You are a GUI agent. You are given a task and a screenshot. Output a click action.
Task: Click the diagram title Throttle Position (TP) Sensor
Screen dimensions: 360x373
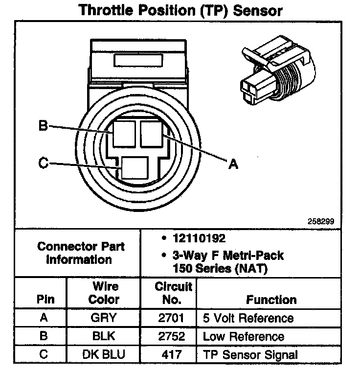pos(180,11)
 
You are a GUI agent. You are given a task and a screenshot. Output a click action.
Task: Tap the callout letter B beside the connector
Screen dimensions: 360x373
pos(43,125)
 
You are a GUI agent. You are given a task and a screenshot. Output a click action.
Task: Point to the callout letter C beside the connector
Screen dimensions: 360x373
pos(43,163)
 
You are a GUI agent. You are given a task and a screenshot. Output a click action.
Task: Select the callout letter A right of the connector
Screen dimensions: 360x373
pos(233,164)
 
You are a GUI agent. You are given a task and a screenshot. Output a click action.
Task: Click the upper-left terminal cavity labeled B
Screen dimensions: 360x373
pos(124,134)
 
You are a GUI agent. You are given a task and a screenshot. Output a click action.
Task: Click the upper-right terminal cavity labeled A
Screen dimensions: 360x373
pos(152,134)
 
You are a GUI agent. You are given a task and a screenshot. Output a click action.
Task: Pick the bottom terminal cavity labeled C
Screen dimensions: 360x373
pos(135,167)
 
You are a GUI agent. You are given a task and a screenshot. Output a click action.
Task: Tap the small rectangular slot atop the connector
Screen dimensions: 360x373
pos(138,60)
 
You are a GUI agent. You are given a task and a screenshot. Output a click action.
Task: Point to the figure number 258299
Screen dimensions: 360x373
pos(321,221)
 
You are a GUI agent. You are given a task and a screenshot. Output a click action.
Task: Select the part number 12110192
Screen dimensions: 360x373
pos(199,238)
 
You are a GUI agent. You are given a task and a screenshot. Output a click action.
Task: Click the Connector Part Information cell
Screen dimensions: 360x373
pos(81,253)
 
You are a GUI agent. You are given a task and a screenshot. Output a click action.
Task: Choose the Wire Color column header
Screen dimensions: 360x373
pos(104,293)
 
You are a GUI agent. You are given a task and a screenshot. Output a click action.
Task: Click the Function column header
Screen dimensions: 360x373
pos(271,300)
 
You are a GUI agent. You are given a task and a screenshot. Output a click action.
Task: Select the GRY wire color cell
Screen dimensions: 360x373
pos(104,318)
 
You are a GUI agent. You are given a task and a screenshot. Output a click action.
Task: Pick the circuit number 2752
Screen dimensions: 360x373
pos(171,336)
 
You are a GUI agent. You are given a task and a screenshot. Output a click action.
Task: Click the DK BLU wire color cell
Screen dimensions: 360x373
pos(104,354)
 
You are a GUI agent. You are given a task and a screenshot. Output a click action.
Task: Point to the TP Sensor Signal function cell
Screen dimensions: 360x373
pos(250,355)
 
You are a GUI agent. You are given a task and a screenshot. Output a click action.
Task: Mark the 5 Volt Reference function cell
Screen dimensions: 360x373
pos(248,318)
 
